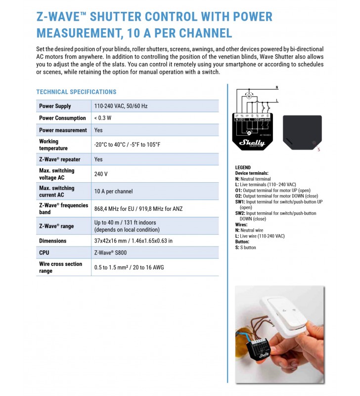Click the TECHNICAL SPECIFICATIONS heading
click(x=76, y=92)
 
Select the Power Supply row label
click(x=55, y=106)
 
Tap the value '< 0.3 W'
click(x=103, y=118)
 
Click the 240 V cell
click(x=101, y=174)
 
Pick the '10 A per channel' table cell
click(x=113, y=192)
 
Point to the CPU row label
click(x=44, y=253)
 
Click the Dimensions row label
click(x=52, y=241)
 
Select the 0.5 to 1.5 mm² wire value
click(x=129, y=268)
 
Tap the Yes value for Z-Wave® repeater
click(x=98, y=159)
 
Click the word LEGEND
click(x=243, y=168)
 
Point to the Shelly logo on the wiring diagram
click(x=252, y=143)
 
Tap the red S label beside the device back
click(x=319, y=149)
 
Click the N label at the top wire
click(x=276, y=88)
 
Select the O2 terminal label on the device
click(x=258, y=120)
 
